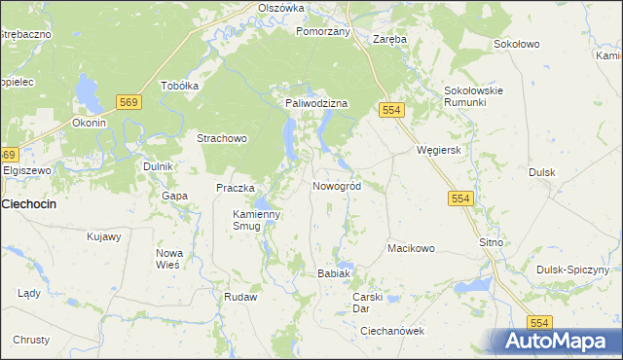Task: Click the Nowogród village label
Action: pyautogui.click(x=337, y=186)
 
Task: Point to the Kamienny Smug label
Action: pyautogui.click(x=256, y=220)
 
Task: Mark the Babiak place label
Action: pyautogui.click(x=333, y=273)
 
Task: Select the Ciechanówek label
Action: pyautogui.click(x=393, y=331)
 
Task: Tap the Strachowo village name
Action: pyautogui.click(x=222, y=138)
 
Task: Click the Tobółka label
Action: pyautogui.click(x=179, y=85)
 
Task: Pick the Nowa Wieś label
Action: pyautogui.click(x=169, y=259)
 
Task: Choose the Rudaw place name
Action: pyautogui.click(x=239, y=297)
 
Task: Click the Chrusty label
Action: pyautogui.click(x=31, y=340)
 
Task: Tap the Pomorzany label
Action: pyautogui.click(x=322, y=31)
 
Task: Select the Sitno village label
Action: pyautogui.click(x=490, y=241)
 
